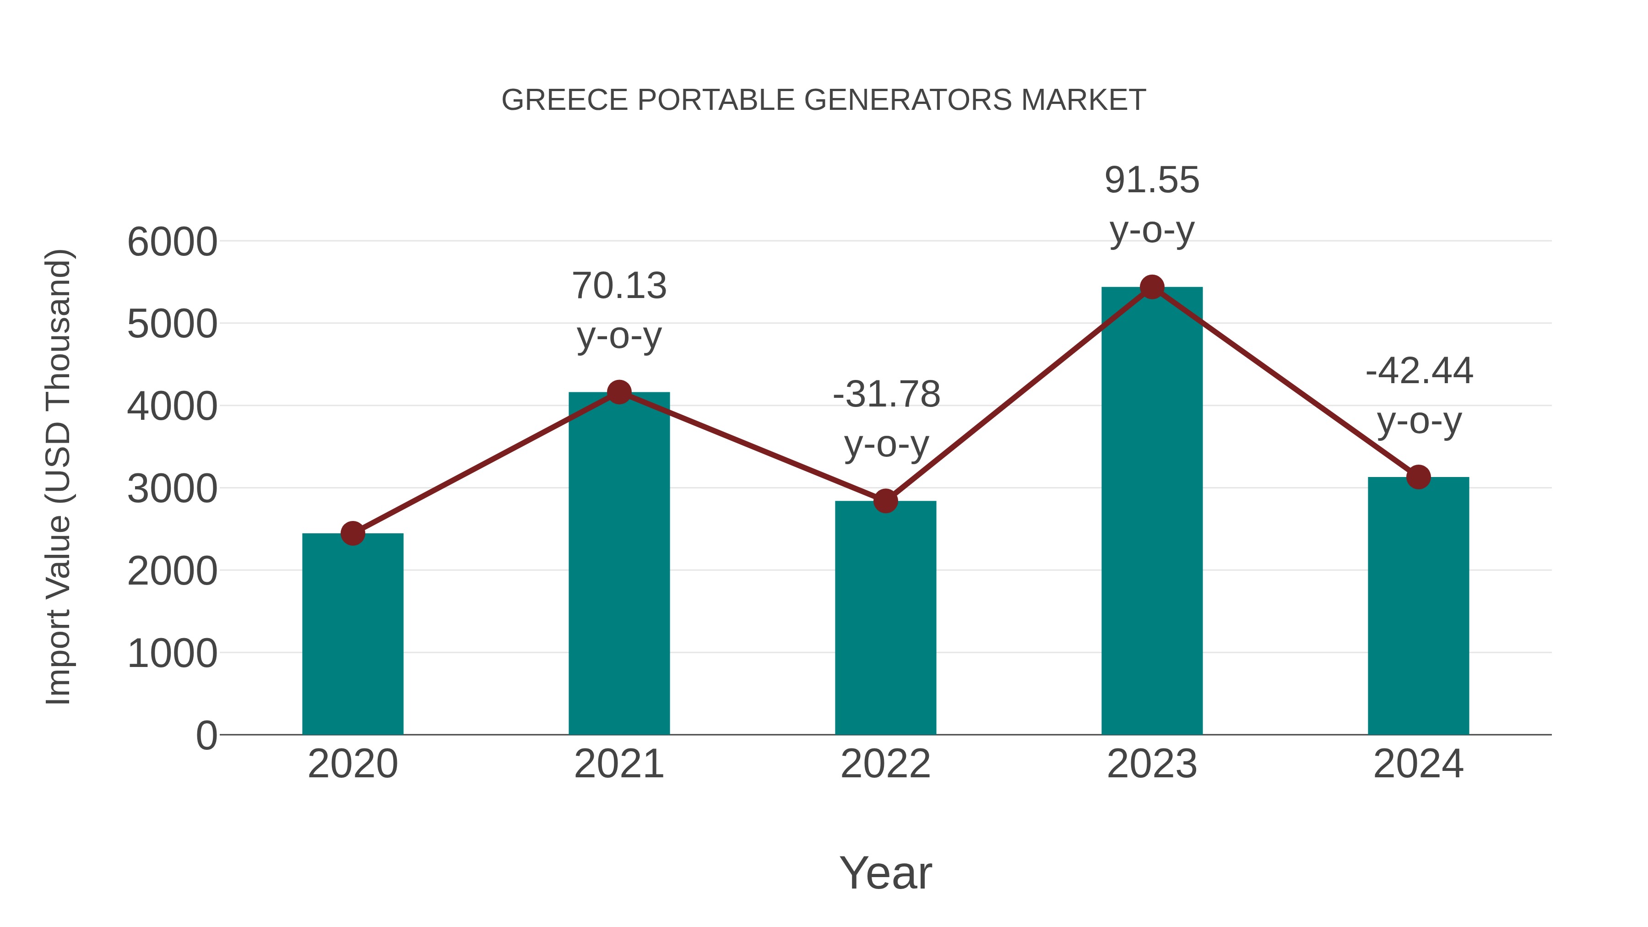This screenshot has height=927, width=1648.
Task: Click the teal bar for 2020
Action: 352,634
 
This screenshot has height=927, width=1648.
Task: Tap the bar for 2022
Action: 885,618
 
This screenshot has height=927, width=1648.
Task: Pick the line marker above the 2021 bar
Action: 618,392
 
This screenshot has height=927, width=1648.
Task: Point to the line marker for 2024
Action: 1418,477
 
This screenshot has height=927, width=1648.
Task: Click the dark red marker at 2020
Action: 352,533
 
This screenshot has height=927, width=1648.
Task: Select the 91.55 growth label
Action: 1152,180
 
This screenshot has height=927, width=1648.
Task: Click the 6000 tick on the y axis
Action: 172,243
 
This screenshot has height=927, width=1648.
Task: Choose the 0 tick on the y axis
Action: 206,736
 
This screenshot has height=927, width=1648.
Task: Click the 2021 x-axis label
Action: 618,764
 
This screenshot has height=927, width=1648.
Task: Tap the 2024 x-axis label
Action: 1418,764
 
